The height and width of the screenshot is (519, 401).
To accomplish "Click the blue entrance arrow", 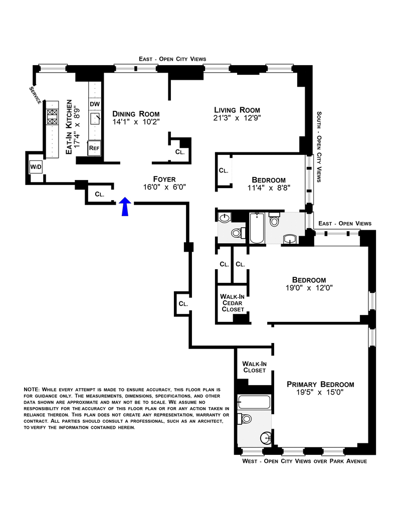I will point(125,206).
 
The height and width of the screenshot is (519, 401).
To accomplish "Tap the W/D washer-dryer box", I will point(36,166).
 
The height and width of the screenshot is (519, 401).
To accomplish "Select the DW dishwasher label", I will point(94,104).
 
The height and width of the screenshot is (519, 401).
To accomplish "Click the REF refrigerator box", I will point(94,148).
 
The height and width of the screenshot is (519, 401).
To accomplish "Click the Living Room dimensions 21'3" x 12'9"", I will point(237,118).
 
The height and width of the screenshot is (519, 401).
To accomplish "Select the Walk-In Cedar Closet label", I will point(232,303).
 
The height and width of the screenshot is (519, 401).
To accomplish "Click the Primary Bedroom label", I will point(320,385).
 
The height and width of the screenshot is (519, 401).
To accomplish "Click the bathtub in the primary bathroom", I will point(254,402).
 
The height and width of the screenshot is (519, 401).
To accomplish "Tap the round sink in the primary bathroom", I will point(266,438).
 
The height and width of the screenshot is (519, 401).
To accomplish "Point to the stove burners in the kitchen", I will point(52,117).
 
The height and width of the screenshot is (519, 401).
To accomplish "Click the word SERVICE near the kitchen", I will point(35,96).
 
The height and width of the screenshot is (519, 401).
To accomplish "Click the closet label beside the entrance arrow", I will point(99,194).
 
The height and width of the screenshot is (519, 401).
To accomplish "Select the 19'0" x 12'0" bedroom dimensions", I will point(309,288).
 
